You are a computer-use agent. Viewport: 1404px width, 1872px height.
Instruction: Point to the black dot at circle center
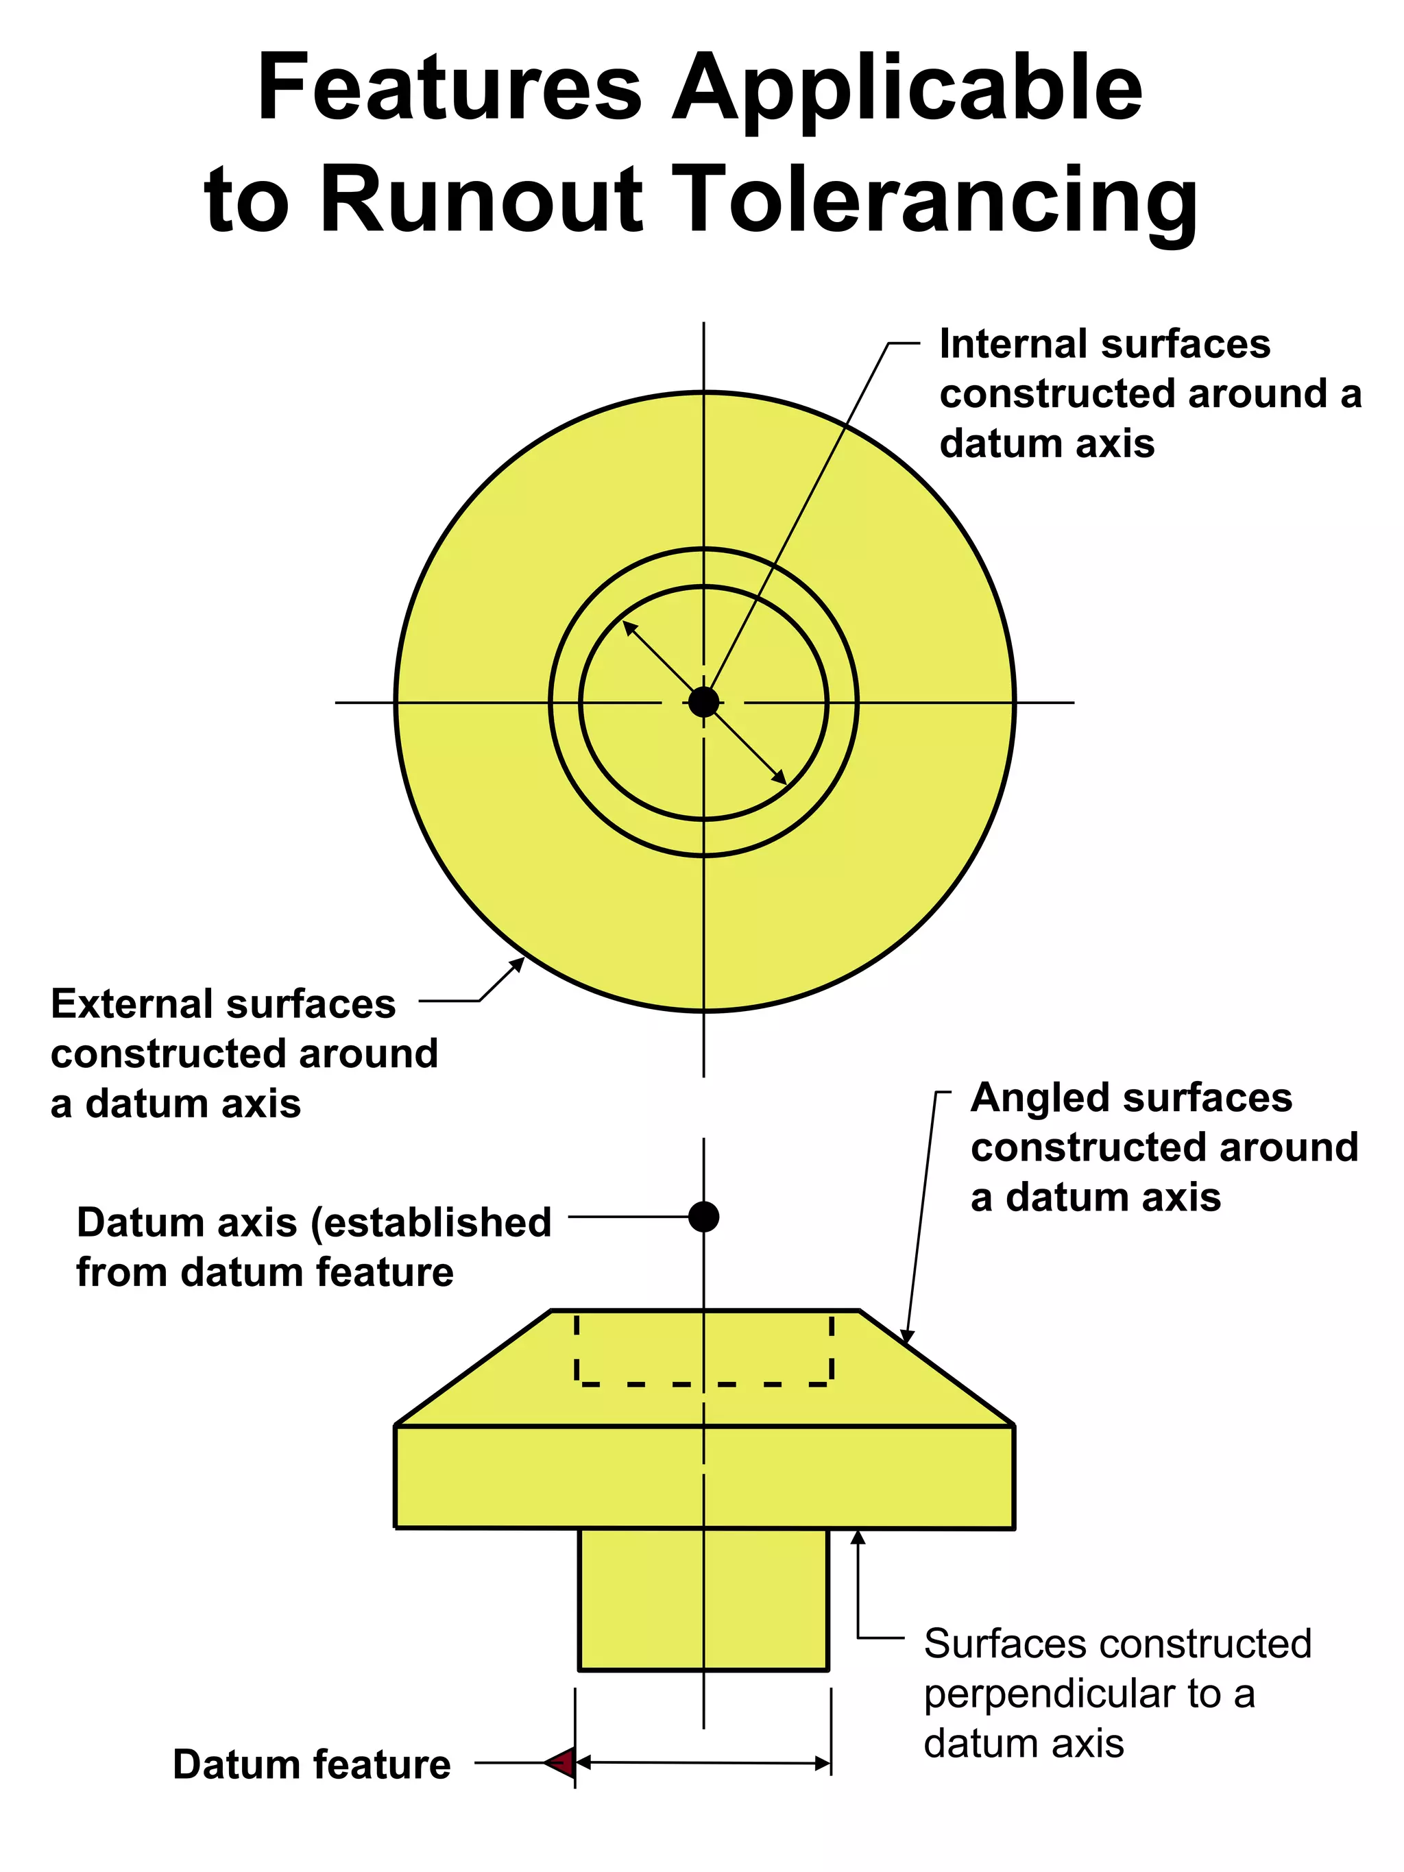(x=703, y=702)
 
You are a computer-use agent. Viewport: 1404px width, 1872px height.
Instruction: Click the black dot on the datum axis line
(x=703, y=1217)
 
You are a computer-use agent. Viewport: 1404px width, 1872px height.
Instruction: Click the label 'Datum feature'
(x=311, y=1764)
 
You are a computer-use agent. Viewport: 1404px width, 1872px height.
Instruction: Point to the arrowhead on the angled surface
(x=906, y=1337)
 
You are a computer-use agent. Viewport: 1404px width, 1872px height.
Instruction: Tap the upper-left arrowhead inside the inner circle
(x=629, y=628)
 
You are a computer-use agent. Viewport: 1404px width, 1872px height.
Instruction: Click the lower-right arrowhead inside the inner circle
(x=779, y=778)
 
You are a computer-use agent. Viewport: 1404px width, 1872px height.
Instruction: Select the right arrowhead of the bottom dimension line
(x=823, y=1764)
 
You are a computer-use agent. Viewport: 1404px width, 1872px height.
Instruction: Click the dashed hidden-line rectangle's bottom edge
(x=703, y=1385)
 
